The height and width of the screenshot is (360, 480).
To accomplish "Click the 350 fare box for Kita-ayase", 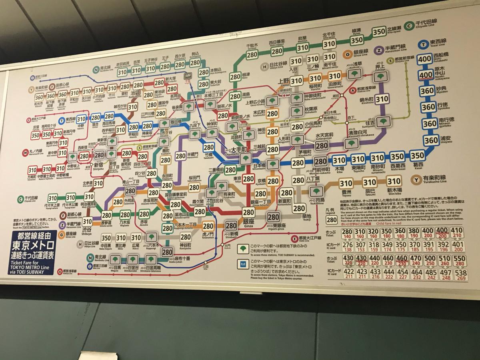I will [379, 32].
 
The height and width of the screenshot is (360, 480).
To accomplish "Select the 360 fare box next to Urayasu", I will [431, 140].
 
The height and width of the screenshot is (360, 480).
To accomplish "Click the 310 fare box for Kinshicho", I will [382, 99].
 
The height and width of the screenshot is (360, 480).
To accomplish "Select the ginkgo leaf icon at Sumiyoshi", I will [383, 121].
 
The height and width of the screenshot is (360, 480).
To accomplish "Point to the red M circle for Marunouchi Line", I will [24, 152].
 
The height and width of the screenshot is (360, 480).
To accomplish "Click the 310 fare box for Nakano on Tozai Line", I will [81, 119].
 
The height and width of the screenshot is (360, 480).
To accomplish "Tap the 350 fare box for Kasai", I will [417, 156].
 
